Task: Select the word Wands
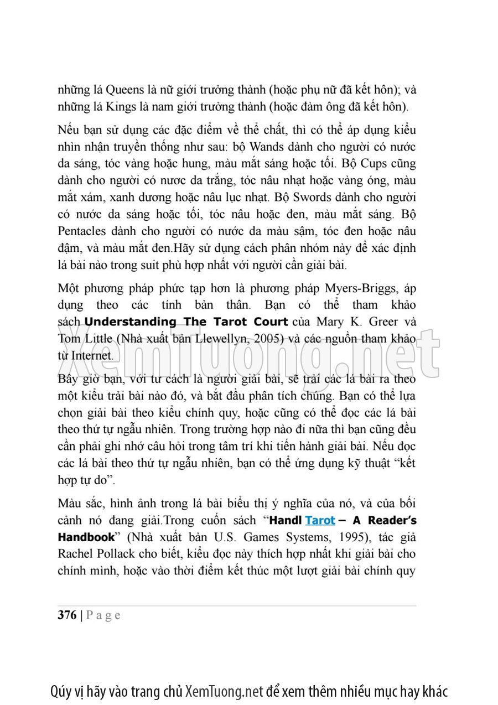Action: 269,147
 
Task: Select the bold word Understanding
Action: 130,322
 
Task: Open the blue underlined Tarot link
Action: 320,520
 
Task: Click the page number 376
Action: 67,615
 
